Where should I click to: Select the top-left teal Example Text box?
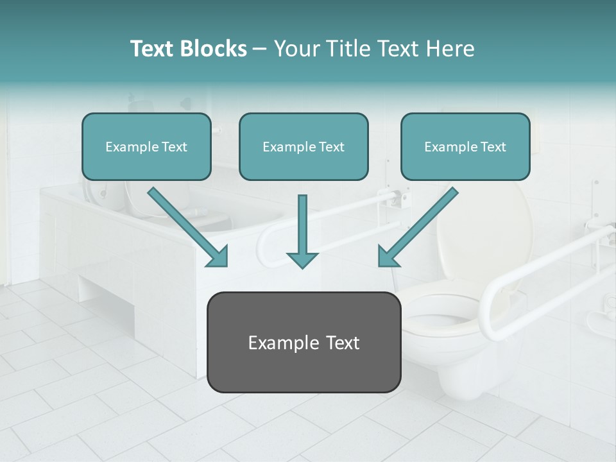[146, 146]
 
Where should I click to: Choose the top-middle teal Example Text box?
[304, 146]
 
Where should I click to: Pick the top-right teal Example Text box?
[465, 146]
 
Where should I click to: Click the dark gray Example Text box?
[304, 342]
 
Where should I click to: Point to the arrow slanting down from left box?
[189, 228]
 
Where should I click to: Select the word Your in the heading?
[297, 49]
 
